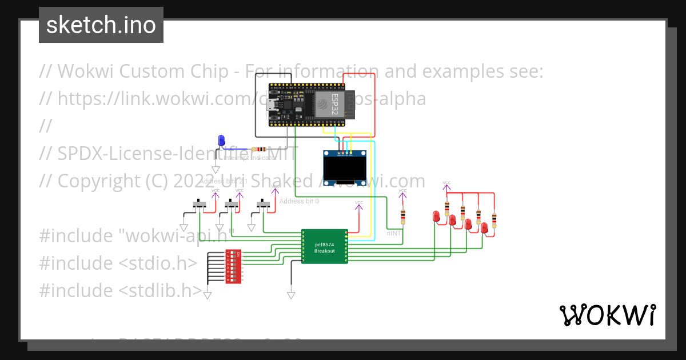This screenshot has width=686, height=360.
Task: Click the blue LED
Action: [x=221, y=141]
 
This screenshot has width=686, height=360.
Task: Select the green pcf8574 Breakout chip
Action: [x=325, y=247]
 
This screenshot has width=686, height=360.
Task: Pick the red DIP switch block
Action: [x=233, y=266]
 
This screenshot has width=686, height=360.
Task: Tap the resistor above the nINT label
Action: [x=403, y=217]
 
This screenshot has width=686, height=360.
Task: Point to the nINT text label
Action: [x=394, y=233]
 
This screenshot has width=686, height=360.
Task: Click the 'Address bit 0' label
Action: [x=299, y=201]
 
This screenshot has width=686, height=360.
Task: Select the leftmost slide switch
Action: [x=198, y=204]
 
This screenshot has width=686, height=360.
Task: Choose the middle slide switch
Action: [x=231, y=204]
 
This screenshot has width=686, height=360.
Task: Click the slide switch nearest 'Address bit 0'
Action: [x=263, y=204]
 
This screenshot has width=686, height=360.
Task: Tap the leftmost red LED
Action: [x=436, y=217]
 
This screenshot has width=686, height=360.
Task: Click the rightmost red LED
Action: [x=484, y=228]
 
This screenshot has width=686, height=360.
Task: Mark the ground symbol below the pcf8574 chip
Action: [x=291, y=295]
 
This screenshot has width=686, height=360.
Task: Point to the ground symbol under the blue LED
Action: [x=216, y=170]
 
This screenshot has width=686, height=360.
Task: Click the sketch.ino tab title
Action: [x=101, y=25]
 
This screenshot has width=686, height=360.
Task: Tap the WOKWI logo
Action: [x=607, y=315]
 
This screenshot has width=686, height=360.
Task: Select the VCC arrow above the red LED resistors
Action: [x=446, y=186]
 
